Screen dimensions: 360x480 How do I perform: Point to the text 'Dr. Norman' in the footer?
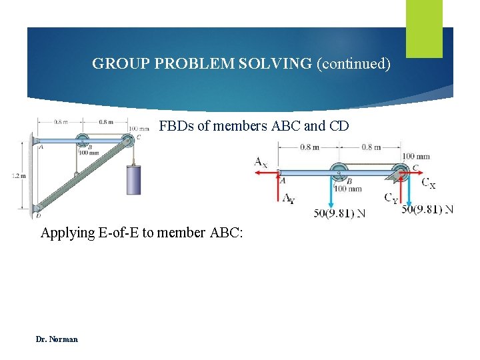pyautogui.click(x=57, y=339)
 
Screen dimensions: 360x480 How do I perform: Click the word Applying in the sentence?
pyautogui.click(x=66, y=233)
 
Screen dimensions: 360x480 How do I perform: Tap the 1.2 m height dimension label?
pyautogui.click(x=19, y=175)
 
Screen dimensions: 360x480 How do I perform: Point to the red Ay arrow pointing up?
pyautogui.click(x=277, y=187)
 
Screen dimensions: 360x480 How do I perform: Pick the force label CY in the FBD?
pyautogui.click(x=391, y=197)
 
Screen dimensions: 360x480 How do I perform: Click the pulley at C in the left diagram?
pyautogui.click(x=127, y=141)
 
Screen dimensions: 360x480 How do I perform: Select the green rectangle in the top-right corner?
pyautogui.click(x=424, y=29)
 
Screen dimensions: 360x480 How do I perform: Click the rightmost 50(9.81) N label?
pyautogui.click(x=427, y=209)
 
